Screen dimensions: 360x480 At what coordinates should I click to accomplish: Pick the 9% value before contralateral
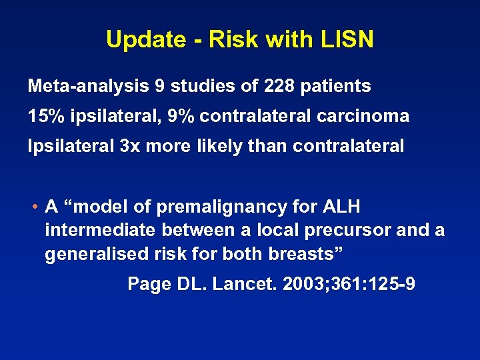tap(181, 116)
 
